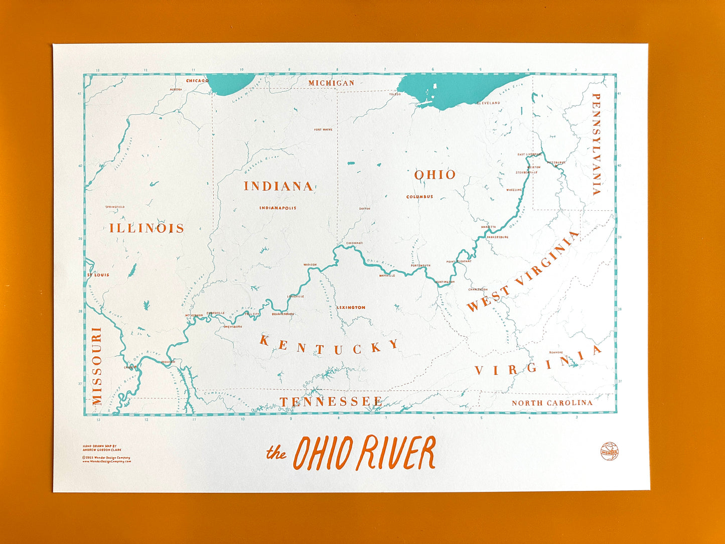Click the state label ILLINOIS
tap(147, 228)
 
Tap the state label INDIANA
tap(278, 186)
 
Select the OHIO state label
tap(435, 175)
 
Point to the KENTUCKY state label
tap(329, 347)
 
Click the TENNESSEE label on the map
tap(331, 401)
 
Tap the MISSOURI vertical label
tap(97, 366)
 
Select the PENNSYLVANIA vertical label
tap(596, 144)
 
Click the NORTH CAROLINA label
tap(552, 403)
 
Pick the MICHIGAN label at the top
tap(331, 83)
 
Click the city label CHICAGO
tap(197, 81)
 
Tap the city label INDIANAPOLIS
tap(278, 208)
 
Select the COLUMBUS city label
tap(419, 197)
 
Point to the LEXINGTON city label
tap(351, 308)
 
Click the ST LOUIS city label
tap(98, 275)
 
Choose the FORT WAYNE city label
tap(323, 129)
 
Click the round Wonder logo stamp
tap(609, 451)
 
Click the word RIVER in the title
tap(396, 453)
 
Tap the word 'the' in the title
tap(276, 453)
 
